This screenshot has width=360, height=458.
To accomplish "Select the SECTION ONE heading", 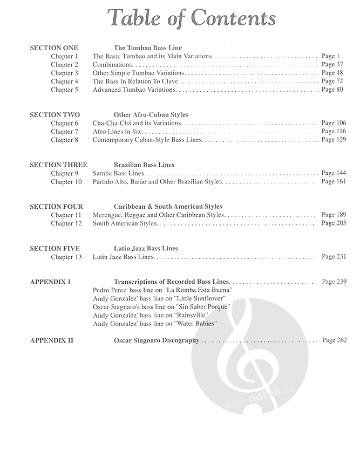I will (54, 47).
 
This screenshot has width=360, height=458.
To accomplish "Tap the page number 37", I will (334, 65).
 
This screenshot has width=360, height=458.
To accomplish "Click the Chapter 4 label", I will (64, 81).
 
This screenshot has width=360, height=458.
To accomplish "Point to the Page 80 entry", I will (332, 90).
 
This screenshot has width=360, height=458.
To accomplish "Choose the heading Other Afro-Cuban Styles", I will (151, 115).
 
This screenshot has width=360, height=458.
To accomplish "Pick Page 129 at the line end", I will (334, 140).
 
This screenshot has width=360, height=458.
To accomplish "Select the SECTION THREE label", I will (58, 165).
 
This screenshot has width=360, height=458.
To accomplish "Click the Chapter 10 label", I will (66, 182).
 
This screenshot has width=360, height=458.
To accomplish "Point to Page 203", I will (334, 224).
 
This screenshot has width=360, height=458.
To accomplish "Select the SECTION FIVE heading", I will (55, 249).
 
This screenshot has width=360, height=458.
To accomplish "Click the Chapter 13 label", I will (66, 257).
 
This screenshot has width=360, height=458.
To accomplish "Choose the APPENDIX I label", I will (50, 282).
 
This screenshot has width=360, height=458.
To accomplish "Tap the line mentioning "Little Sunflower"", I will (159, 298).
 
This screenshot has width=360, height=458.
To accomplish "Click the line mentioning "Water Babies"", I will (154, 324).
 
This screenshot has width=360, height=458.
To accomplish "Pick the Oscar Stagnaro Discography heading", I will (157, 340).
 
